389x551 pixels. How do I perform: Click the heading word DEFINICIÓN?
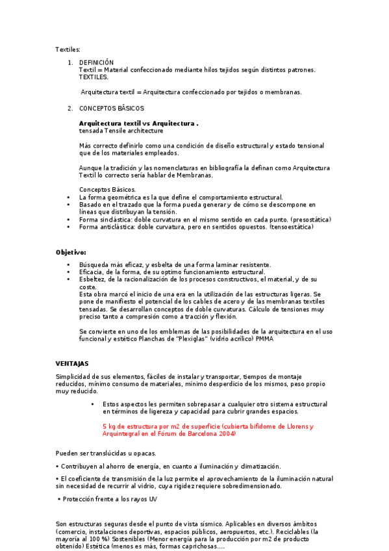click(96, 62)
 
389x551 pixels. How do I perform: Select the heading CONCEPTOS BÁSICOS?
click(112, 108)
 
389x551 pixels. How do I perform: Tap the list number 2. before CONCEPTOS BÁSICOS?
click(70, 108)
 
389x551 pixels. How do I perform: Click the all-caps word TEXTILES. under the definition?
click(94, 77)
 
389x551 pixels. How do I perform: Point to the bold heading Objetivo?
click(71, 252)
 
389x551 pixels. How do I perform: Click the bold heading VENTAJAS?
click(72, 363)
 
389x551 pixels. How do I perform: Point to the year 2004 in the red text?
click(227, 434)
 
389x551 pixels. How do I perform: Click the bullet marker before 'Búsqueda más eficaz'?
click(69, 265)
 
